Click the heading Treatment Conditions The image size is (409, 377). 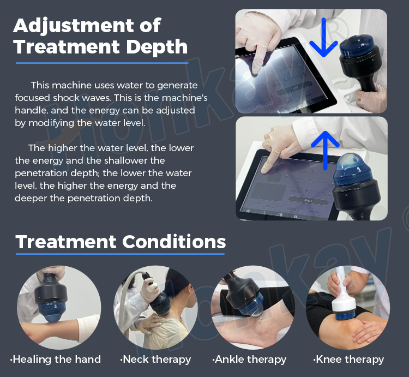tap(121, 242)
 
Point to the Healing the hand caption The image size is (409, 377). tap(56, 359)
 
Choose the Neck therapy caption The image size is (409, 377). tap(155, 359)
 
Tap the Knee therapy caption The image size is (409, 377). tap(348, 359)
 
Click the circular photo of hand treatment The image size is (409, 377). tap(57, 307)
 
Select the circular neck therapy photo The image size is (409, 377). tap(155, 307)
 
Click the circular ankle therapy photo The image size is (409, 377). tap(251, 307)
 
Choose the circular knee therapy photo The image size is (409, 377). tap(347, 307)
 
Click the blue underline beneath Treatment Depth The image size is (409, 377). tap(101, 63)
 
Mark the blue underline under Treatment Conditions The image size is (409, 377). tap(120, 254)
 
